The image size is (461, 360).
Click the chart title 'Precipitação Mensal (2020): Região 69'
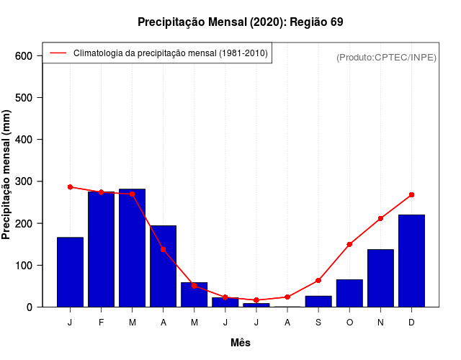point(240,22)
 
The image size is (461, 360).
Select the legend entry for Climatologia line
point(170,53)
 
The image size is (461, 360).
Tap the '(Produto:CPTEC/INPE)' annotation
point(386,57)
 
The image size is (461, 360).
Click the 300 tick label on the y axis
point(24,181)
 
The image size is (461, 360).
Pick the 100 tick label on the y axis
point(24,266)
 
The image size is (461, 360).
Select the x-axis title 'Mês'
point(241,343)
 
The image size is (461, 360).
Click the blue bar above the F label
point(101,249)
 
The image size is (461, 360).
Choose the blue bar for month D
point(411,261)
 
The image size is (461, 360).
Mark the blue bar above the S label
point(318,301)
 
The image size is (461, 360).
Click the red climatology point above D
point(411,194)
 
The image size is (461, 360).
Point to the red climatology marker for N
point(380,218)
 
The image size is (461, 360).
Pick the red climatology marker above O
point(349,244)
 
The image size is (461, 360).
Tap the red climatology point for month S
point(318,280)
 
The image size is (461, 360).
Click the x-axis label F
point(101,322)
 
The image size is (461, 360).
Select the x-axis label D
point(411,322)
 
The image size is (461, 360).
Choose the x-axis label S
point(318,322)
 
